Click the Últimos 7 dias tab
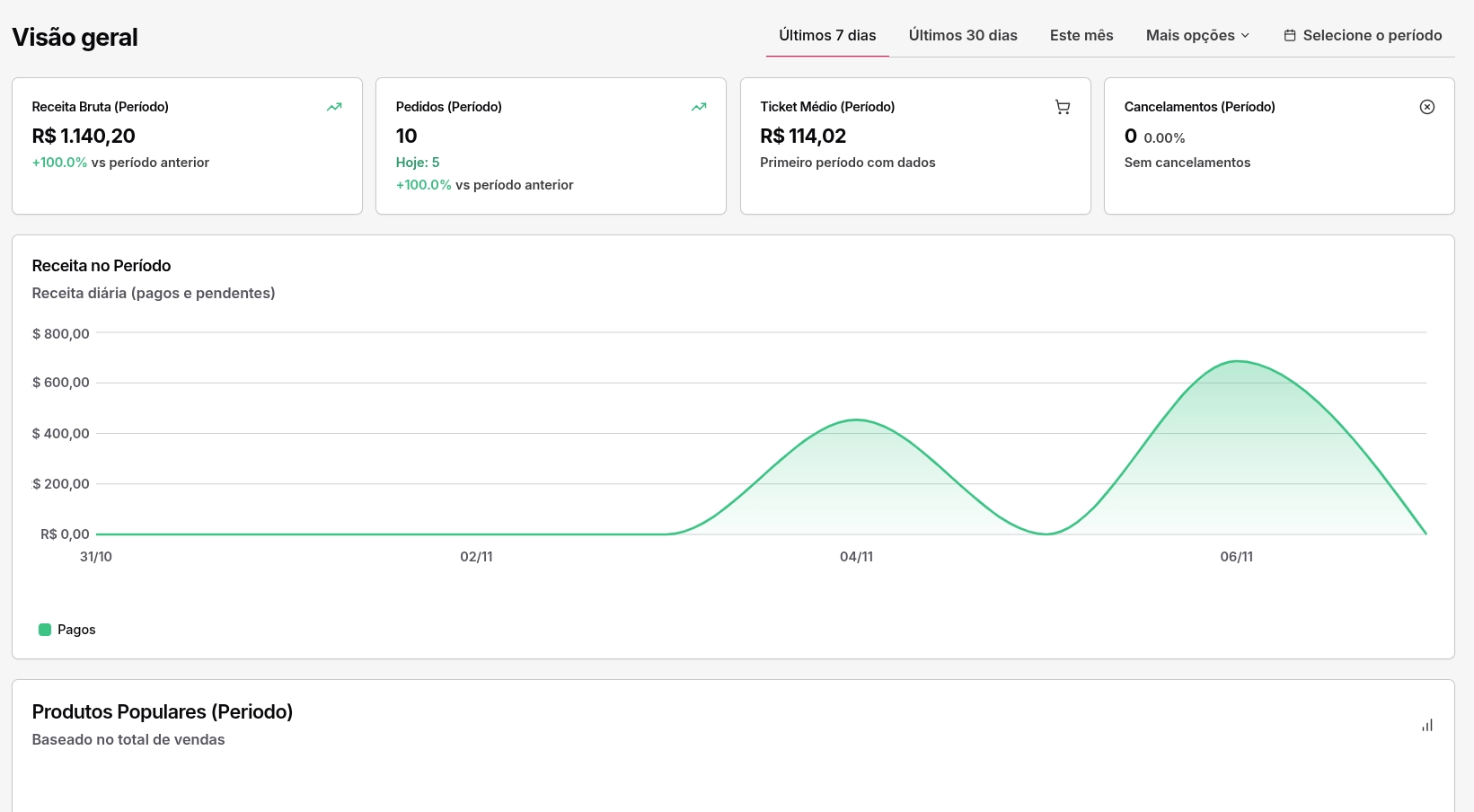(827, 36)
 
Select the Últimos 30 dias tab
(963, 36)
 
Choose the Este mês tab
(1081, 36)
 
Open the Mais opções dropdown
(1197, 36)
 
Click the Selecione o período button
(1363, 36)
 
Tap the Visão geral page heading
(75, 38)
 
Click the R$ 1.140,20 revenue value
(84, 137)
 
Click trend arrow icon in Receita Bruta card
(334, 107)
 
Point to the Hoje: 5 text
(418, 163)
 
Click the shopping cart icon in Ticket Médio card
(1063, 107)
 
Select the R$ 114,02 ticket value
(803, 137)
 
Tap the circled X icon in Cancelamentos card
(1427, 107)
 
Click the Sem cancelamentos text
(1187, 163)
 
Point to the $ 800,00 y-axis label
(61, 334)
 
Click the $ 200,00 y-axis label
(61, 484)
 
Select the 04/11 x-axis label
(856, 557)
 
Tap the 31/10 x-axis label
(96, 557)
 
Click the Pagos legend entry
(67, 630)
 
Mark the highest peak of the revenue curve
(1238, 361)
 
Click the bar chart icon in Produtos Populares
(1427, 725)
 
